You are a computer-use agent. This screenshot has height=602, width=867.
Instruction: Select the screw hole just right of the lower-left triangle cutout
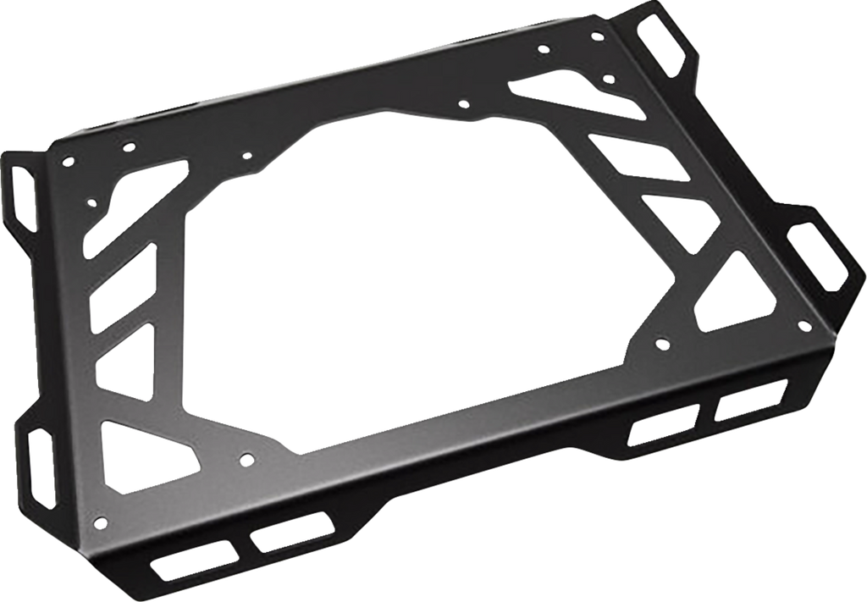pos(246,460)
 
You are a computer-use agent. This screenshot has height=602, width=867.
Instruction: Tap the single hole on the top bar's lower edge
pos(462,104)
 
